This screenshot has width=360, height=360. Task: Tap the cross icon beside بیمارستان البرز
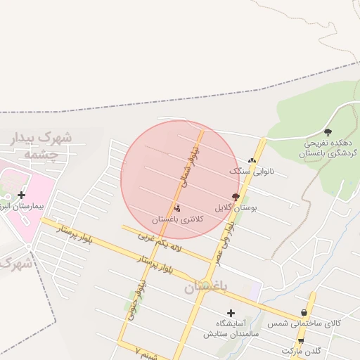(22, 195)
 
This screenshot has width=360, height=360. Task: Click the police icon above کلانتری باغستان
(176, 208)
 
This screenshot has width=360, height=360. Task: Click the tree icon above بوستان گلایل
(235, 197)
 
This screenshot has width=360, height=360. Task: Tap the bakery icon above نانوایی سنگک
(252, 160)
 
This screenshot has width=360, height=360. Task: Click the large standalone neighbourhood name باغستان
(206, 287)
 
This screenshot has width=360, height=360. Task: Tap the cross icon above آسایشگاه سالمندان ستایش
(231, 312)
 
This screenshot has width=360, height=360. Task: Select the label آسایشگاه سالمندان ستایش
(229, 328)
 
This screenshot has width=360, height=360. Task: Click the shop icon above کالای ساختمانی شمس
(303, 312)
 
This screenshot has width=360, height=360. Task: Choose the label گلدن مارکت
(302, 349)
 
